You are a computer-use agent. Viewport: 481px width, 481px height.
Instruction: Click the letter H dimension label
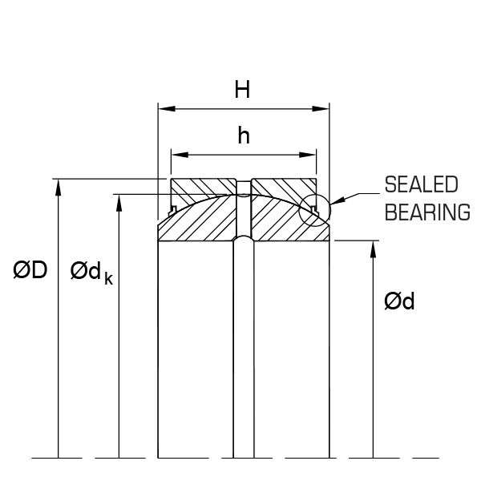tap(242, 89)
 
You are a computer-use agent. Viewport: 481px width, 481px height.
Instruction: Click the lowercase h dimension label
tap(244, 136)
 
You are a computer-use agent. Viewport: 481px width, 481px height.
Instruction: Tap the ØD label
tap(30, 272)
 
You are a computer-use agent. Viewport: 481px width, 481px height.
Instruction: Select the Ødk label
tap(89, 273)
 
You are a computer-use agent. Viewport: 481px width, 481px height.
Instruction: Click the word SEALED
tap(422, 185)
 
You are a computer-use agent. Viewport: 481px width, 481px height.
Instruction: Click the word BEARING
tap(426, 212)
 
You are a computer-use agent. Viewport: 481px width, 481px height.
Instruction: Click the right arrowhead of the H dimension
tap(325, 107)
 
